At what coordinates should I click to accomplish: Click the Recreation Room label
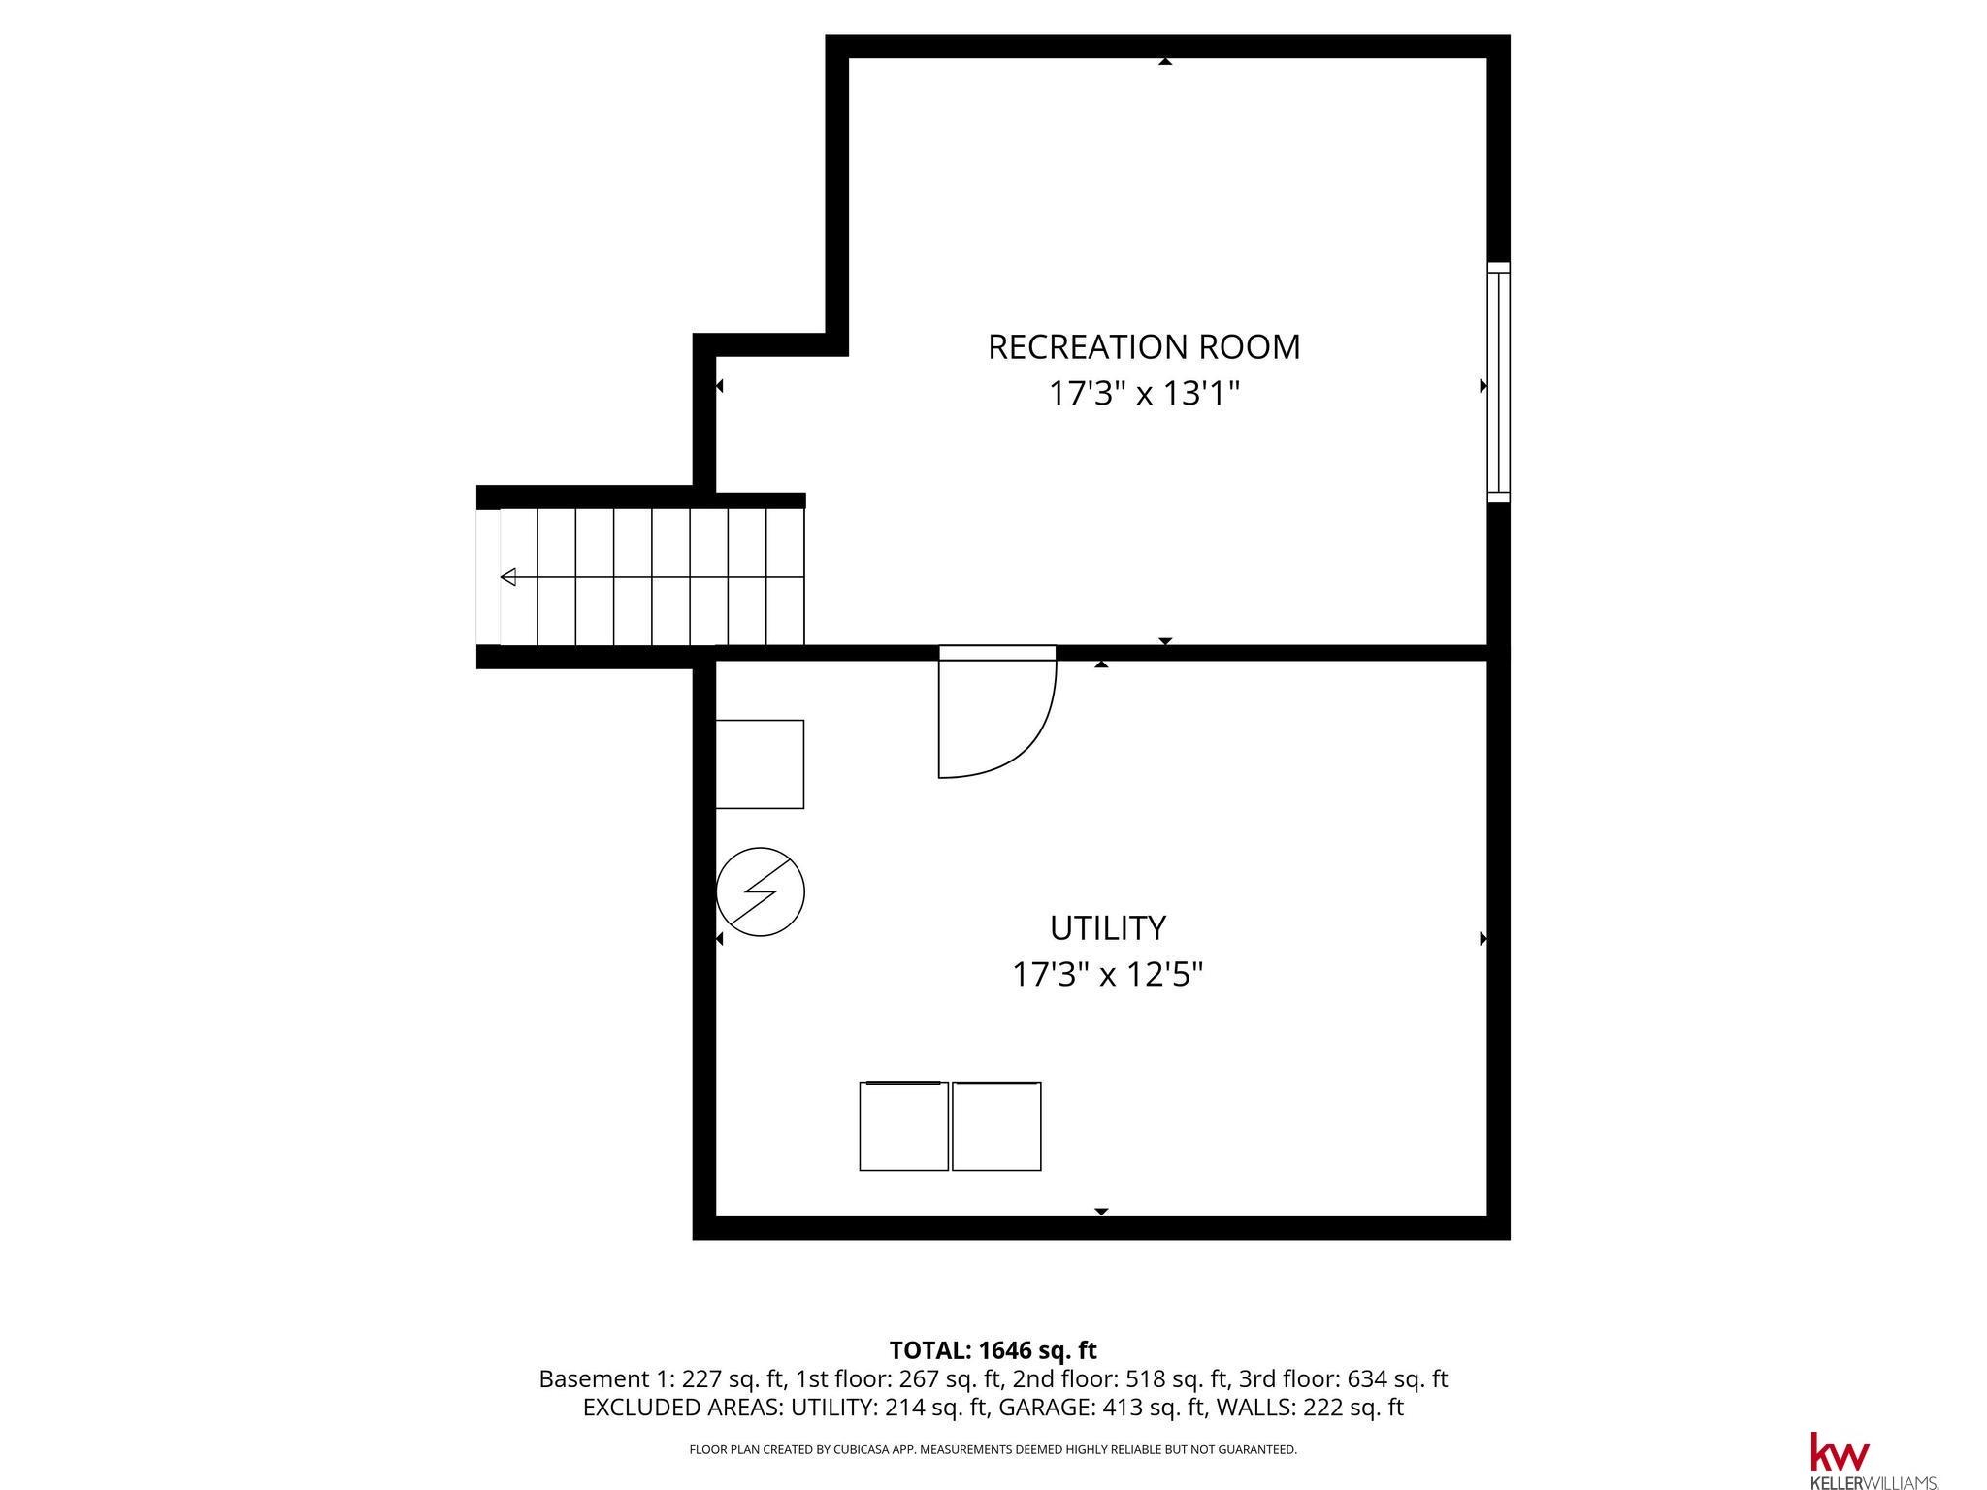[1144, 347]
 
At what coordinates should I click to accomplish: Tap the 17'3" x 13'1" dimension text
[1145, 394]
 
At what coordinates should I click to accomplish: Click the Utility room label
[1107, 928]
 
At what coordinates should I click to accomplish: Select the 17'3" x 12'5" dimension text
[1107, 974]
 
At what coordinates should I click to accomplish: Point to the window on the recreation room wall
[1499, 382]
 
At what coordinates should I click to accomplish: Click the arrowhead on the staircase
[507, 578]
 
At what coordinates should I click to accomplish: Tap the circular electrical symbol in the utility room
[761, 891]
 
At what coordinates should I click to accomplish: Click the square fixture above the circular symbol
[760, 764]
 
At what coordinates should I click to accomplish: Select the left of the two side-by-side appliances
[903, 1126]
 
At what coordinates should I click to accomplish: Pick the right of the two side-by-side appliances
[996, 1126]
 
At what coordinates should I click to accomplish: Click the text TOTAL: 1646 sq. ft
[993, 1350]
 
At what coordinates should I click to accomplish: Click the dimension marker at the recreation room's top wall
[1165, 62]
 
